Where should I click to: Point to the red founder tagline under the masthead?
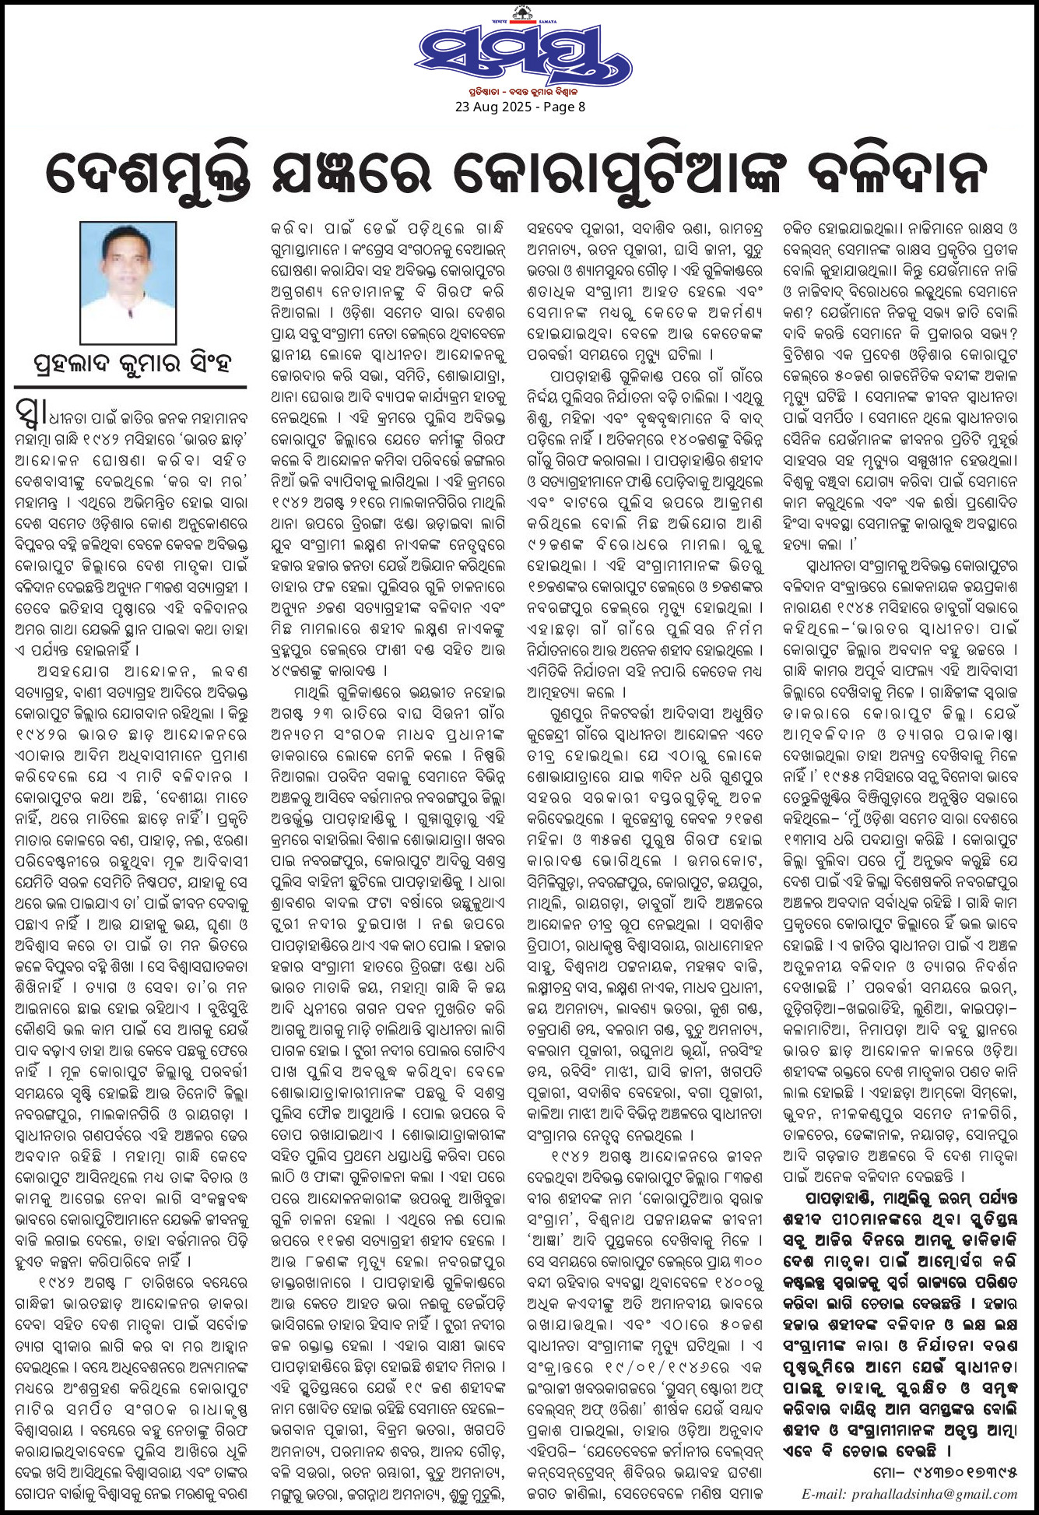coord(519,91)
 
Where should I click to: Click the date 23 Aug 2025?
coord(490,107)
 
